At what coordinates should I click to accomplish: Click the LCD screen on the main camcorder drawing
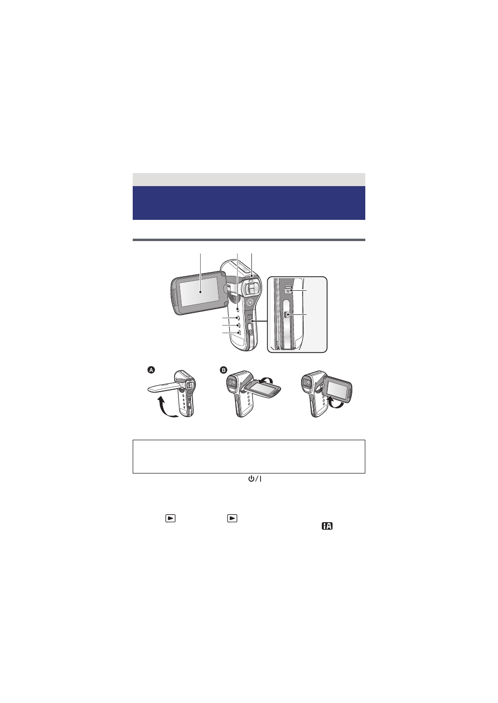200,292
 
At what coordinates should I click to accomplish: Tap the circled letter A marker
152,370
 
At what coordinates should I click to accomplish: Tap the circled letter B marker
223,370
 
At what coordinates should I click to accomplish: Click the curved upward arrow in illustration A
167,407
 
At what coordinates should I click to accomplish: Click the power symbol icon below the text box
255,479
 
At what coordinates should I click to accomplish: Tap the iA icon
327,526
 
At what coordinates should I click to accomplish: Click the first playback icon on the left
170,518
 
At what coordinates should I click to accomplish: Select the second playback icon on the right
232,518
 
